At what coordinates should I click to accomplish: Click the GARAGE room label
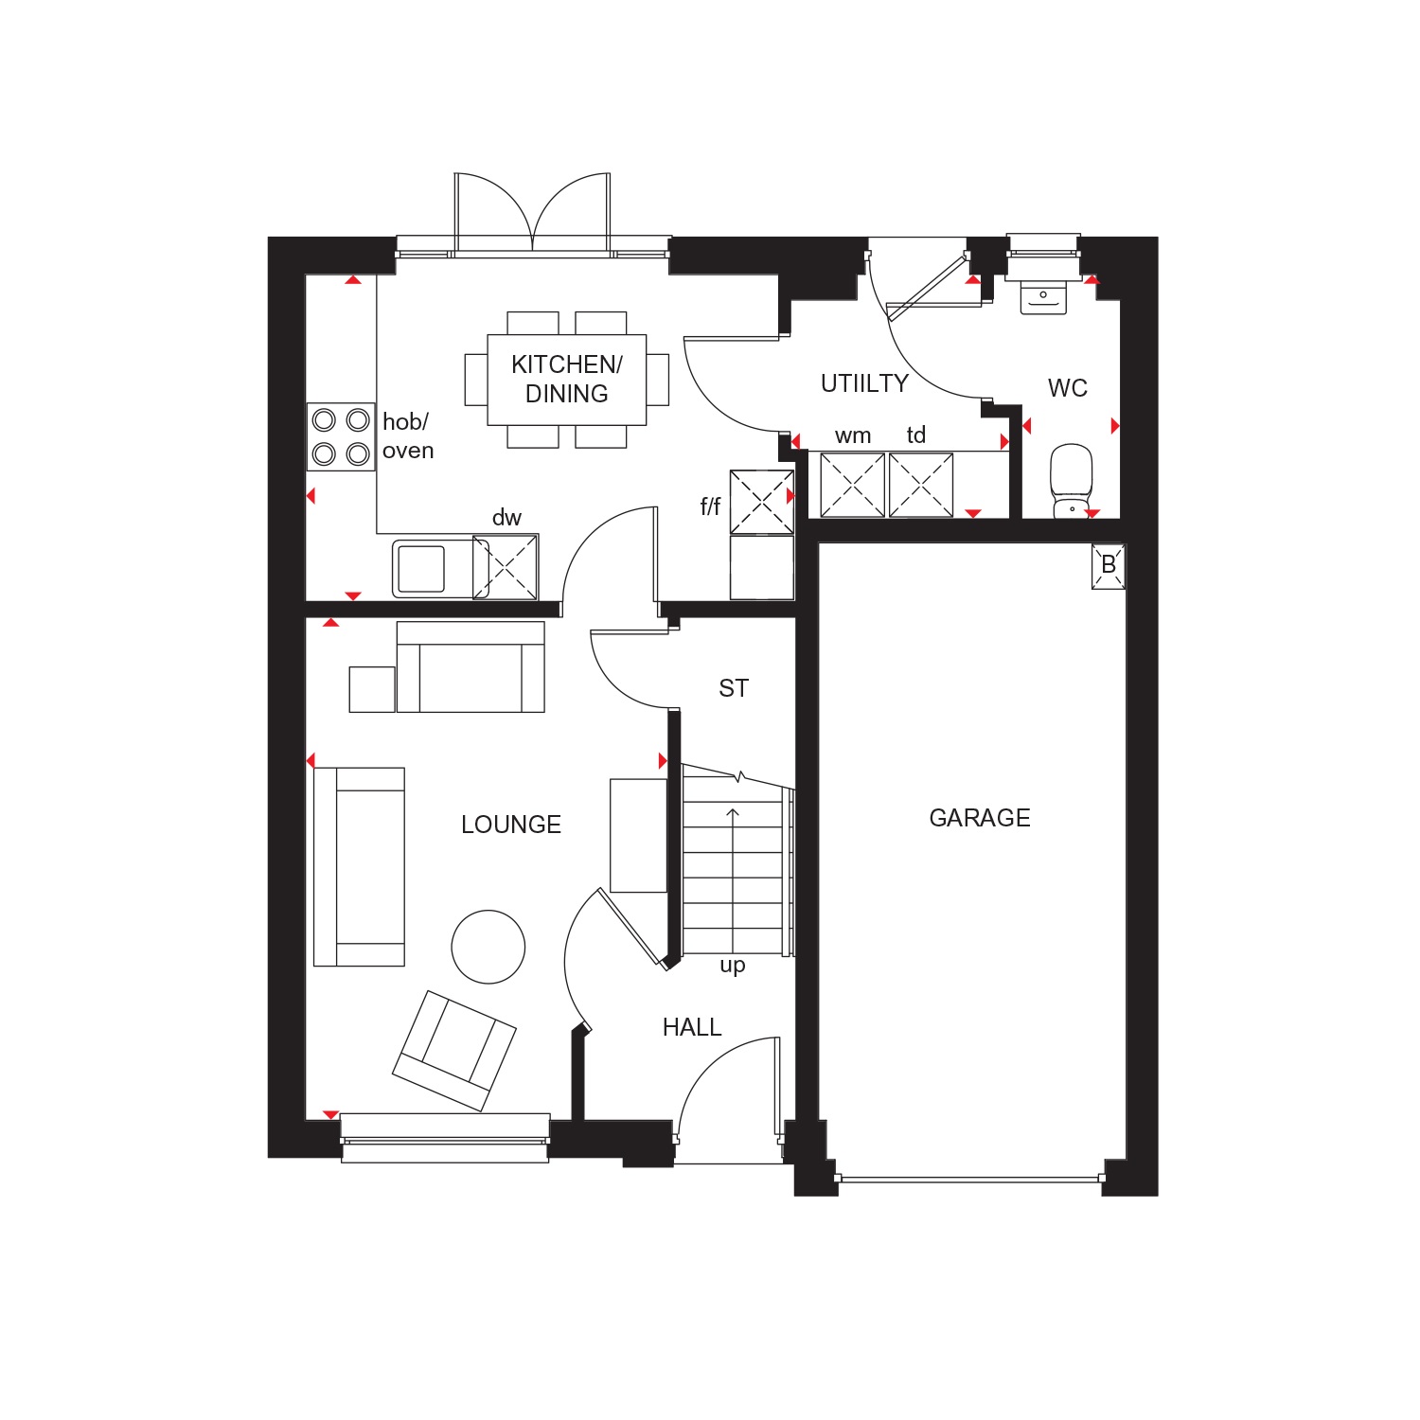click(x=980, y=818)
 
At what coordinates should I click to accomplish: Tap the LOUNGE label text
click(x=511, y=825)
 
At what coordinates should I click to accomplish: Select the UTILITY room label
click(x=864, y=383)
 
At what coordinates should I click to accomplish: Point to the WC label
click(x=1068, y=388)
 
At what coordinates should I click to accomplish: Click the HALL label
click(x=692, y=1027)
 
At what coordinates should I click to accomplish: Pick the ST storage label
click(x=734, y=688)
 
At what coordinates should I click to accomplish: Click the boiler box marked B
click(x=1109, y=566)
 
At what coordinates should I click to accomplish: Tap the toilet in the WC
click(x=1072, y=481)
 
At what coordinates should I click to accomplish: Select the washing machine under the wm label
click(x=852, y=485)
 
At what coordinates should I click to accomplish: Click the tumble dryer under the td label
click(x=921, y=485)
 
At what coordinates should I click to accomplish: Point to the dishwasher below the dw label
click(x=506, y=567)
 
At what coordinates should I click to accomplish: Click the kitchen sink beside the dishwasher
click(x=432, y=568)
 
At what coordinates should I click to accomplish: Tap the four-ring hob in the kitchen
click(x=341, y=436)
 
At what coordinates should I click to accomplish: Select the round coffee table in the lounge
click(x=488, y=947)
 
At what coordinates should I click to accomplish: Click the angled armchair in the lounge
click(x=454, y=1051)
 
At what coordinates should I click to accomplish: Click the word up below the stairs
click(x=733, y=967)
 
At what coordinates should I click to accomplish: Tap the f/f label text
click(x=710, y=506)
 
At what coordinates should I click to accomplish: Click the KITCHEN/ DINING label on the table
click(x=567, y=379)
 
